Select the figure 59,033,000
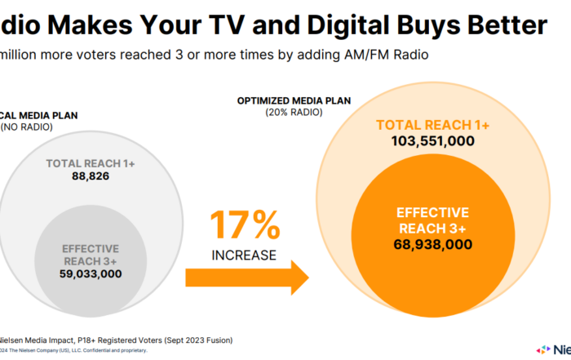coord(91,274)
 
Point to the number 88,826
coord(91,176)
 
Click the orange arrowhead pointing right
coord(297,278)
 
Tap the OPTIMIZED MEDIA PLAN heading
coord(294,100)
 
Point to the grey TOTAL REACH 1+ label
coord(91,163)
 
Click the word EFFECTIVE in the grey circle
coord(91,248)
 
